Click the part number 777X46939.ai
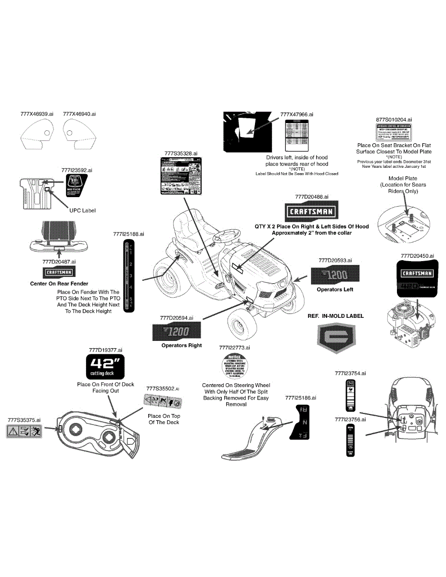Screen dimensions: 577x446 (37, 114)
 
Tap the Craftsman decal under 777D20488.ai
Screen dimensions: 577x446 (312, 212)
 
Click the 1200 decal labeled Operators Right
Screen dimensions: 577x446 (177, 331)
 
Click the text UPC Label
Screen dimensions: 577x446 (83, 211)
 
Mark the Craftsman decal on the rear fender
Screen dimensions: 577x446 (59, 273)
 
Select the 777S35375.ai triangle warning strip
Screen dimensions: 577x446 (24, 432)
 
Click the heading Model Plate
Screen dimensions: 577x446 (403, 178)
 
